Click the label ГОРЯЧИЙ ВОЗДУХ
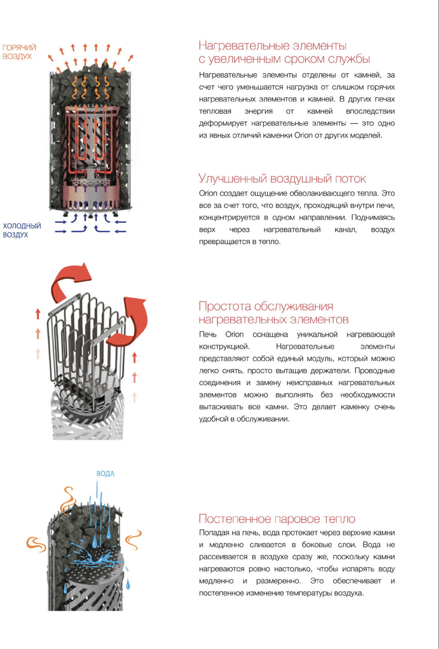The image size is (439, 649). pos(19,52)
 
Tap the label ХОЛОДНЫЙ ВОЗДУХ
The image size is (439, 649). pos(22,230)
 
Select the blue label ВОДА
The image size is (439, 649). pos(105,474)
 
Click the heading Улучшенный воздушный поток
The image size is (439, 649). pos(282,179)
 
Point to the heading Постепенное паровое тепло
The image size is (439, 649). pos(277,519)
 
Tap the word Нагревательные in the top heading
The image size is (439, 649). pos(244,46)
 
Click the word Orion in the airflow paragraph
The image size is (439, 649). pos(208,193)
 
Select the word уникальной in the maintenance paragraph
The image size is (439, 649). pos(317,335)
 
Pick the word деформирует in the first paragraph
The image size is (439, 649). pos(223,123)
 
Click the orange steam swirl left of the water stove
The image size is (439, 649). pos(36,544)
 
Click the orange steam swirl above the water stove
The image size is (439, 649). pos(68,500)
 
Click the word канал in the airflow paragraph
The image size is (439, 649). pos(345,230)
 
